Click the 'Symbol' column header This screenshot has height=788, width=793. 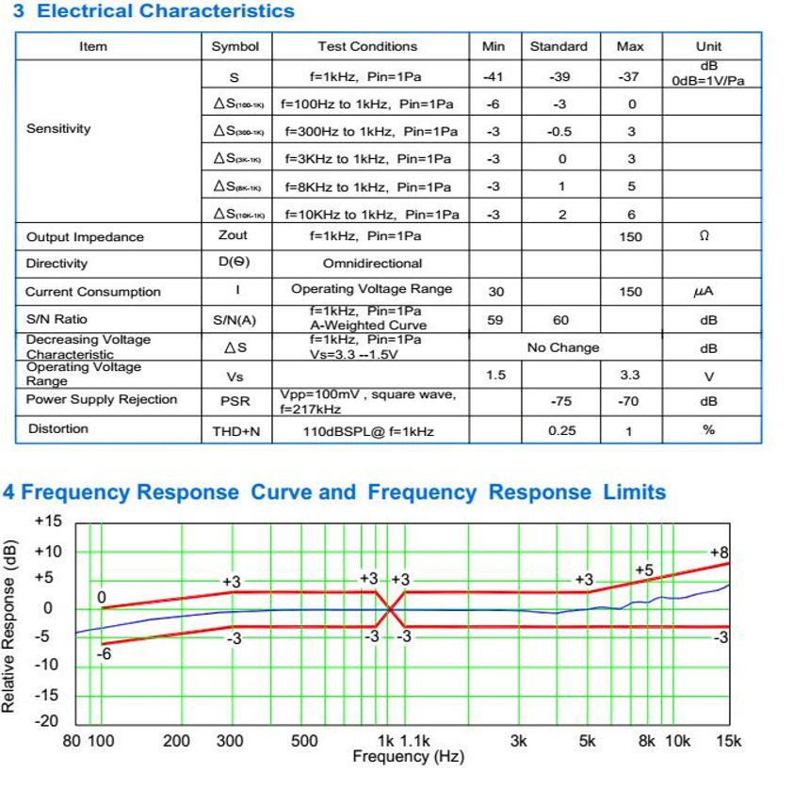coord(235,46)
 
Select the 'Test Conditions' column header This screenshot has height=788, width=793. coord(367,46)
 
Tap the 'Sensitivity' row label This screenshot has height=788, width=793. coord(58,129)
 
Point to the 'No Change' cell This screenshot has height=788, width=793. coord(562,347)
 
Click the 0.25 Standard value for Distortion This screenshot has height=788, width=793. coord(561,430)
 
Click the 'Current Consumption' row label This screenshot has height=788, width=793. coord(92,292)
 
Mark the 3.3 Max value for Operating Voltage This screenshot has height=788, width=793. coord(629,376)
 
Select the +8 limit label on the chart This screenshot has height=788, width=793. coord(720,552)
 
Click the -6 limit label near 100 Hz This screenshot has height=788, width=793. coord(104,652)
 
